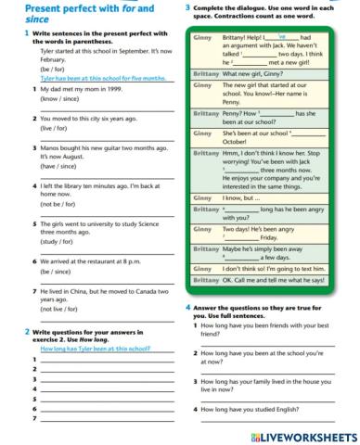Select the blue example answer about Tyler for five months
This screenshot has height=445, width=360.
pos(86,80)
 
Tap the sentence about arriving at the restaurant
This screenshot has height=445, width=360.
pos(83,262)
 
